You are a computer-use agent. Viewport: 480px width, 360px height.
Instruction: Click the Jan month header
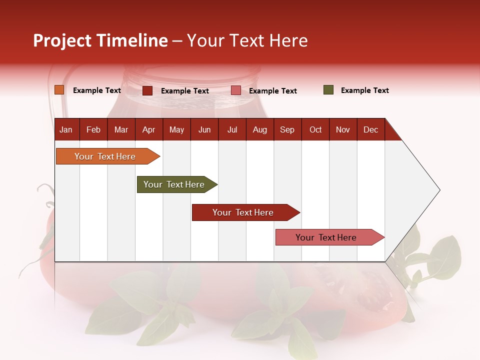(66, 129)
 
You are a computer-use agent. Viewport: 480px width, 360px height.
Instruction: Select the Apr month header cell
(149, 129)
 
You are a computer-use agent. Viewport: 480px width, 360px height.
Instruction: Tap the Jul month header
(232, 129)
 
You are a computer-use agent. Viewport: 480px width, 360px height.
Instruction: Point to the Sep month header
(287, 129)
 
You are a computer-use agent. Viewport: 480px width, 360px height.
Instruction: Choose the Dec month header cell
(371, 129)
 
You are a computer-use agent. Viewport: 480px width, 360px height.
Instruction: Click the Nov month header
(343, 129)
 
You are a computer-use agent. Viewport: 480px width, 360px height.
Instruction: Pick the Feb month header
(93, 129)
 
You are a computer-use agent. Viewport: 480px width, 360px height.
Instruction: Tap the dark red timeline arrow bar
(243, 212)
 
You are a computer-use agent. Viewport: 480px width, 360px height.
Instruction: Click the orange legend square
(59, 90)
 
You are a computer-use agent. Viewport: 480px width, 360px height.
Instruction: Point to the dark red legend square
(147, 90)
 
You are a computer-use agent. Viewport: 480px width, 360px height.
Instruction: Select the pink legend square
(236, 90)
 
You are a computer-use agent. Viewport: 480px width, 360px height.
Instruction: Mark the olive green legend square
(328, 90)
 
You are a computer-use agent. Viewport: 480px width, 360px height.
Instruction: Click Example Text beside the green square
(365, 90)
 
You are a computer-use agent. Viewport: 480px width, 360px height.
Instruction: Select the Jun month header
(204, 129)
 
